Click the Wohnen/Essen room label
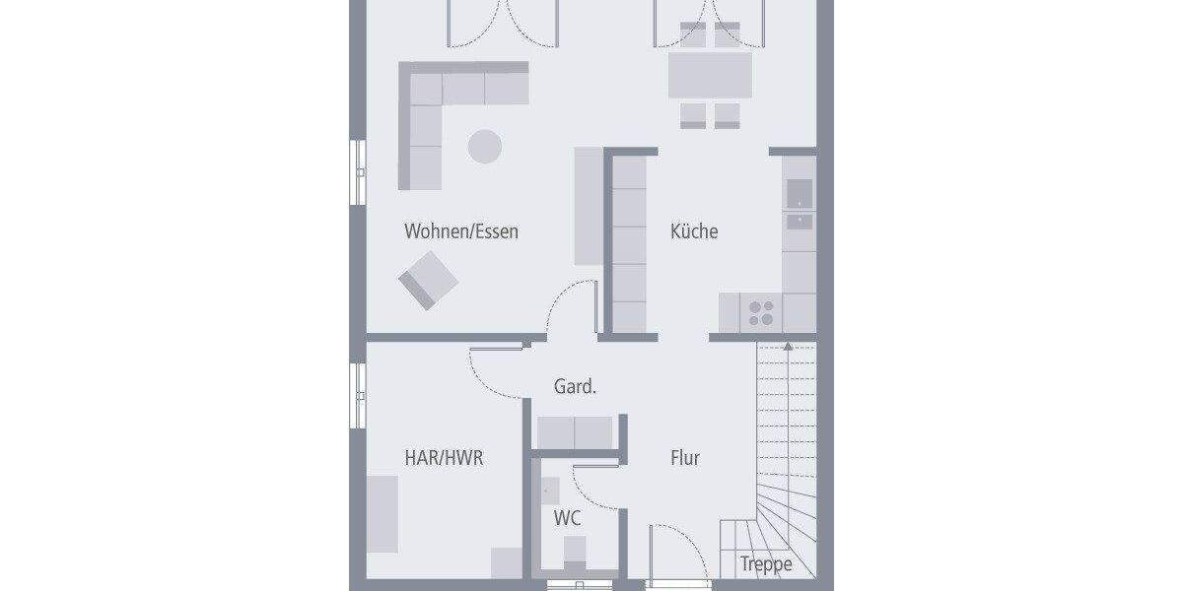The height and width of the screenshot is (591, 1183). (x=460, y=232)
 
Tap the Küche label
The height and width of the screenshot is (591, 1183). (x=694, y=232)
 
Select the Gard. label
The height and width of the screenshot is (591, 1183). (x=575, y=387)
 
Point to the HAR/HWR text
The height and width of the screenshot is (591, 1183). (x=444, y=458)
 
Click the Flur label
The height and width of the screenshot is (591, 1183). (x=685, y=458)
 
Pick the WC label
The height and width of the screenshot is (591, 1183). (x=566, y=518)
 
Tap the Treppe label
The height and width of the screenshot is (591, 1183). (x=766, y=565)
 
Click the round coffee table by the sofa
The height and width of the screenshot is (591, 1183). (x=484, y=147)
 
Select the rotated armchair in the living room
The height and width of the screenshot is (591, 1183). (x=429, y=280)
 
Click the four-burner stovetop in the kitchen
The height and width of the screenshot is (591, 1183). (x=760, y=313)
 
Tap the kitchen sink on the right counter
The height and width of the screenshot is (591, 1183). (x=799, y=208)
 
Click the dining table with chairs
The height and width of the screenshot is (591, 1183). (x=710, y=75)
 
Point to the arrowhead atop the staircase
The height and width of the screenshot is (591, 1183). (x=787, y=346)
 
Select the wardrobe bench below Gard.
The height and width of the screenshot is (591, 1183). (x=575, y=431)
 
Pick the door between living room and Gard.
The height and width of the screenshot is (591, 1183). (x=569, y=305)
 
